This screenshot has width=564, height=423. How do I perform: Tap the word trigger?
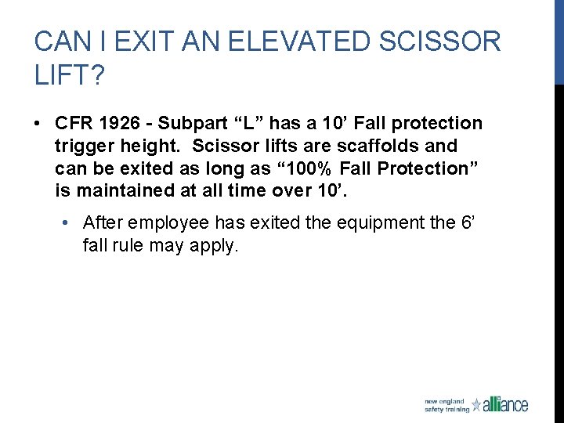(84, 146)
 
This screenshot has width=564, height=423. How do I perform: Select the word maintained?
(117, 190)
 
